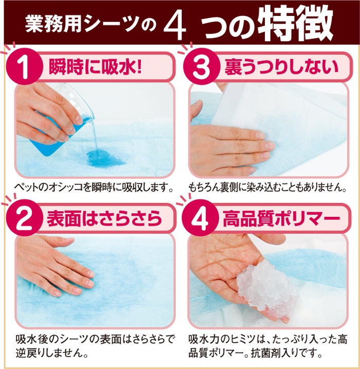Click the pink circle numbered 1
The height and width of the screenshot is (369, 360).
tap(25, 67)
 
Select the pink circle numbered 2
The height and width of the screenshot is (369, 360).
tap(25, 218)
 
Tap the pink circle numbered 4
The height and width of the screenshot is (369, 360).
tap(200, 218)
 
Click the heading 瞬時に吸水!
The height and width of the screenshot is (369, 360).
tap(95, 67)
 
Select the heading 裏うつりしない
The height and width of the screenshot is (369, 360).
tap(281, 67)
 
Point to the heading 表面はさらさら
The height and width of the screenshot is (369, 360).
tap(104, 218)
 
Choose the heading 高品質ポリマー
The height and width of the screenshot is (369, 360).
tap(282, 218)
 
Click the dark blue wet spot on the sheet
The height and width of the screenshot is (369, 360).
tap(105, 158)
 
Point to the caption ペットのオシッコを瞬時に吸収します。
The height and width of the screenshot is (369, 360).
tap(94, 188)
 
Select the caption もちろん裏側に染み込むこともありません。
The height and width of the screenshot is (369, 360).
tap(267, 188)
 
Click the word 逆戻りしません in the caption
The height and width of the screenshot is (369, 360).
tap(49, 353)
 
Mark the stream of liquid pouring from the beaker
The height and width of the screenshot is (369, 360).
tap(95, 136)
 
